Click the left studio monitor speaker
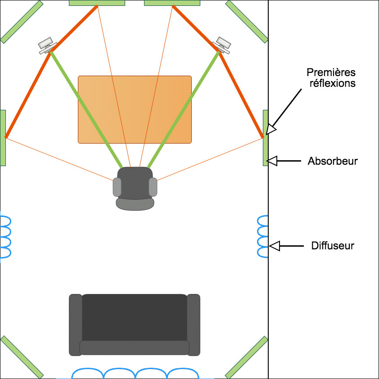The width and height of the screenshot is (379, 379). point(47,45)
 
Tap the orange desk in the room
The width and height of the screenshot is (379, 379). point(135,109)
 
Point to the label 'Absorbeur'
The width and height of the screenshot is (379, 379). point(333,161)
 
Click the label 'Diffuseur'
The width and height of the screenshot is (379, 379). point(333,246)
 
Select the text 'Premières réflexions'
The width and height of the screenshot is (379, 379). point(331,77)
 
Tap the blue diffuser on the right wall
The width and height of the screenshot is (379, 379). point(263,236)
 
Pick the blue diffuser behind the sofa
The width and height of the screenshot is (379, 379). point(135,374)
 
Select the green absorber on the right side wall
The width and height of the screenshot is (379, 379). point(266,138)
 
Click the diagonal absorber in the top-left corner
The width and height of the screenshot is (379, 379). point(22,22)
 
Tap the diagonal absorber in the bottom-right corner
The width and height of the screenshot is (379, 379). point(247,357)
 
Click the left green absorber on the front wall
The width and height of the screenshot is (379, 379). point(97,3)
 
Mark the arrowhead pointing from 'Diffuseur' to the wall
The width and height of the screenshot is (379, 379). point(274,246)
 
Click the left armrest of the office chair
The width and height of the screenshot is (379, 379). point(117,187)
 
